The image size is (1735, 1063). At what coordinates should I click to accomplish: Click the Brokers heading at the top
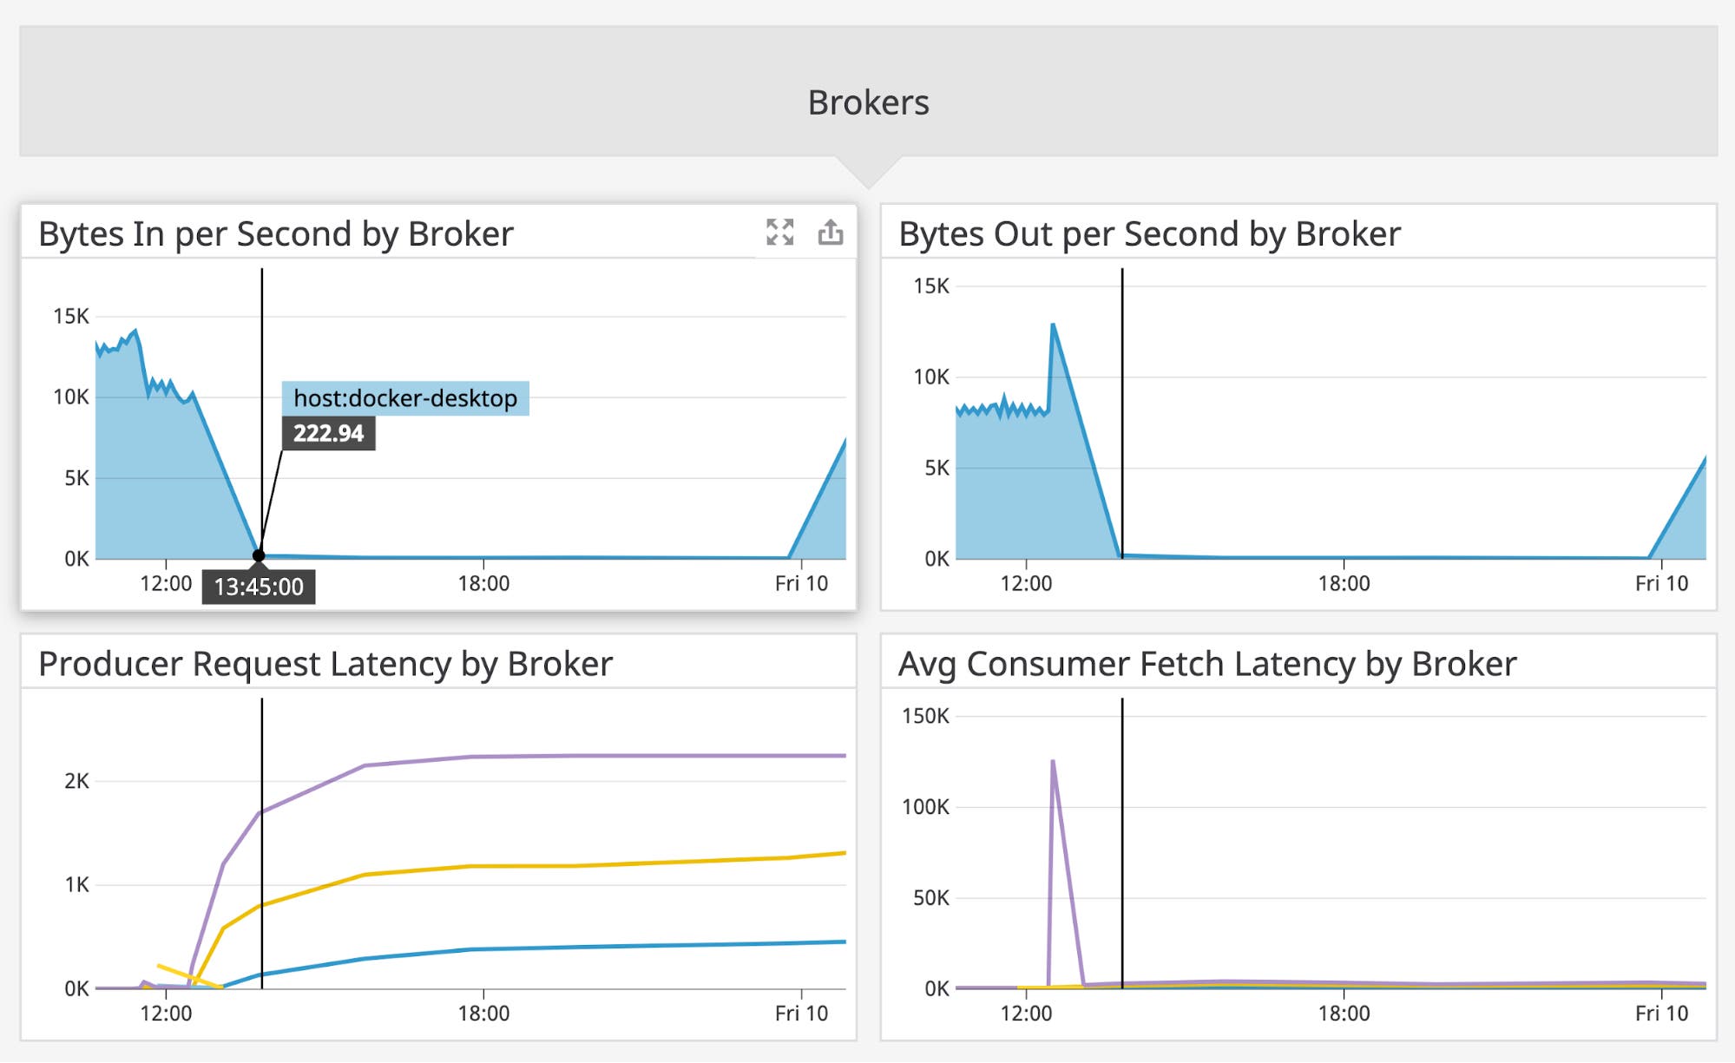[x=868, y=102]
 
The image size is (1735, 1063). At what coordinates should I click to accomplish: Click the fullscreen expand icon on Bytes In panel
[x=779, y=232]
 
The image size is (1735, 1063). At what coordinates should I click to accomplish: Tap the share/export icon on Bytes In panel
[x=831, y=232]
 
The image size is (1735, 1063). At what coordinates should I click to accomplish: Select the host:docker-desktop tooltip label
[x=405, y=398]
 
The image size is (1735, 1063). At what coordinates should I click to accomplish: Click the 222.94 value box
[x=328, y=433]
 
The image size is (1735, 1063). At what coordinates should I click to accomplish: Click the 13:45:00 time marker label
[x=259, y=587]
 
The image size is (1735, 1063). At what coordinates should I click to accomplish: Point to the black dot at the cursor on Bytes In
[x=259, y=555]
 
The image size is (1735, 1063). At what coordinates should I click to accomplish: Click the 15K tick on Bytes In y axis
[x=71, y=316]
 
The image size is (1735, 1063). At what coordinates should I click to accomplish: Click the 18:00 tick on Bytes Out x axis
[x=1344, y=583]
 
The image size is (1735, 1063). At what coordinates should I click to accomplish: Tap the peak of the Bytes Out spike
[x=1053, y=325]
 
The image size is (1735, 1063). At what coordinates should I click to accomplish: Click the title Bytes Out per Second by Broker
[x=1149, y=234]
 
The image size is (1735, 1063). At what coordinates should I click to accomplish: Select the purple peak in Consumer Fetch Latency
[x=1053, y=762]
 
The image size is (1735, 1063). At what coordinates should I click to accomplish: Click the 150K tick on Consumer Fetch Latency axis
[x=925, y=716]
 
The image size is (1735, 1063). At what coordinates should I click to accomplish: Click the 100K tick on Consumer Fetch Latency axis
[x=925, y=807]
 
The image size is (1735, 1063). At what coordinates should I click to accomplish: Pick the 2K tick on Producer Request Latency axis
[x=76, y=781]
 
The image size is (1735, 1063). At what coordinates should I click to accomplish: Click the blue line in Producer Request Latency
[x=573, y=947]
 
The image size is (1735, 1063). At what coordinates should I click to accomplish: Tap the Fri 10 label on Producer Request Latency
[x=801, y=1013]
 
